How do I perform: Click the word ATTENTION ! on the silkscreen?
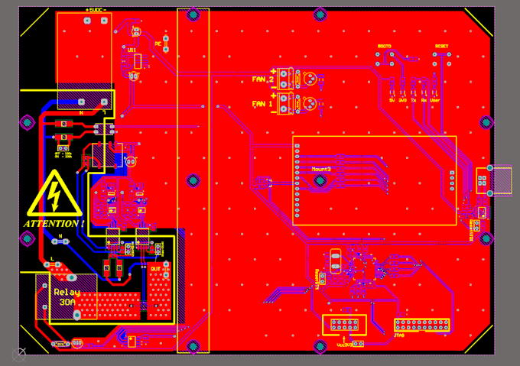pyautogui.click(x=54, y=224)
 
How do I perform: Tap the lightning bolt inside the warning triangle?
pyautogui.click(x=54, y=193)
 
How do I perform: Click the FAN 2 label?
pyautogui.click(x=262, y=79)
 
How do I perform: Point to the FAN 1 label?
pyautogui.click(x=262, y=103)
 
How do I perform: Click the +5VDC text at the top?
pyautogui.click(x=96, y=10)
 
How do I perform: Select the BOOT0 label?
pyautogui.click(x=385, y=46)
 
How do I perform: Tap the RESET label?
pyautogui.click(x=441, y=46)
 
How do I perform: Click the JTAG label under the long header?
pyautogui.click(x=398, y=334)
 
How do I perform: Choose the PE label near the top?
pyautogui.click(x=158, y=44)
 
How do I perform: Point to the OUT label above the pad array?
pyautogui.click(x=155, y=269)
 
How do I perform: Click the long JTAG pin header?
pyautogui.click(x=421, y=325)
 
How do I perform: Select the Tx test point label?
pyautogui.click(x=414, y=99)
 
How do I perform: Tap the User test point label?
pyautogui.click(x=435, y=99)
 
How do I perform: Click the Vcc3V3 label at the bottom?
pyautogui.click(x=346, y=344)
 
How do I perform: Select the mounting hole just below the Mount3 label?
pyautogui.click(x=322, y=182)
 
